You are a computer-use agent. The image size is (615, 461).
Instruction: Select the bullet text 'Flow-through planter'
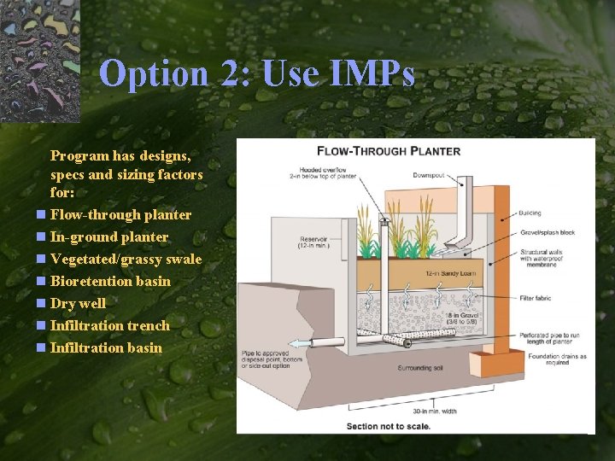point(120,214)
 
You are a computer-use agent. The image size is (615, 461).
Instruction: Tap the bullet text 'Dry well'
point(78,303)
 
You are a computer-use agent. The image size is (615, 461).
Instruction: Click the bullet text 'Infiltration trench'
point(109,325)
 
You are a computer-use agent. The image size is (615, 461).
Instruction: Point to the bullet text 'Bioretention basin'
point(110,281)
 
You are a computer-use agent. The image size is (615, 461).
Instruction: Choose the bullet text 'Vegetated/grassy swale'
point(126,259)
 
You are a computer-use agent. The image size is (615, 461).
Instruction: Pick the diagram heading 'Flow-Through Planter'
point(389,151)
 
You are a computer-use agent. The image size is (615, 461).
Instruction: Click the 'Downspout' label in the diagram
point(429,175)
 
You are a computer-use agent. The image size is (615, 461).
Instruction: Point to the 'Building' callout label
point(529,213)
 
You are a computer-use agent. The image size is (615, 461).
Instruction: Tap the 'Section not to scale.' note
point(389,426)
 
